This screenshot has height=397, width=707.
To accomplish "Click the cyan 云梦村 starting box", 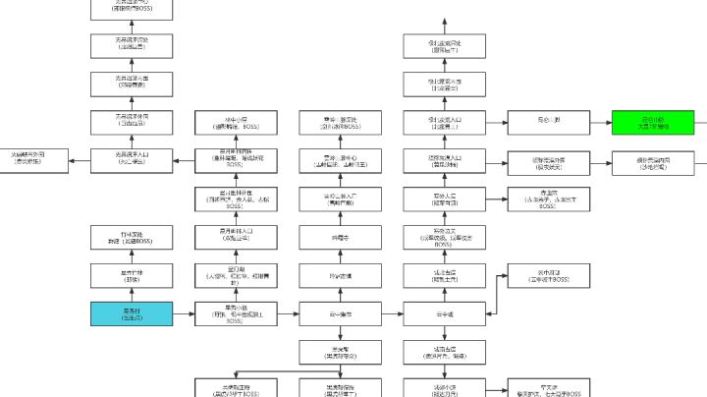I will click(x=133, y=313).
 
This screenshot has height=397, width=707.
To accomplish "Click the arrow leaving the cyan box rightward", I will click(x=183, y=313).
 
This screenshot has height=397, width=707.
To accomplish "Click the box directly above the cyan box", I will click(x=133, y=275).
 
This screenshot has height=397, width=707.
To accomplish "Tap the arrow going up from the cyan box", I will click(x=133, y=295).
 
